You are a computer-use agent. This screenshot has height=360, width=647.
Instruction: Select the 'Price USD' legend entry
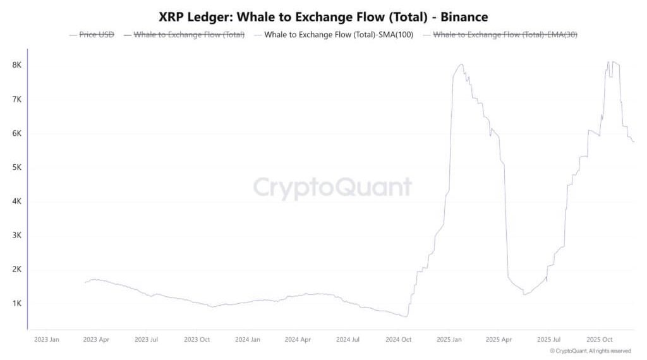[x=97, y=35]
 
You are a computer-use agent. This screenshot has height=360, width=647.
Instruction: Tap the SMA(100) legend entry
[x=339, y=35]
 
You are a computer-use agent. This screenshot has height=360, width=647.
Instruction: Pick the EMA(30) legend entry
[x=505, y=35]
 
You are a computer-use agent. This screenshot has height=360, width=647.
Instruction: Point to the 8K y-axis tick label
[x=18, y=65]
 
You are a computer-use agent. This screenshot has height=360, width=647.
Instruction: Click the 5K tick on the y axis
[x=18, y=167]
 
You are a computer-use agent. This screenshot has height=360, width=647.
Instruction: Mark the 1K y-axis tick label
[x=18, y=303]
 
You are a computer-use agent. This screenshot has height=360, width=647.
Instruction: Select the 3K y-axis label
[x=18, y=235]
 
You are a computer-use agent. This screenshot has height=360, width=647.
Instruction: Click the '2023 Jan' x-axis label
[x=46, y=339]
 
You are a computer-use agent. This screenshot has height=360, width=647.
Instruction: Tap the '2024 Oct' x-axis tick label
[x=398, y=339]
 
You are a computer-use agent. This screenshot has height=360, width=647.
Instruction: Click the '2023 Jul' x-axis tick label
[x=146, y=339]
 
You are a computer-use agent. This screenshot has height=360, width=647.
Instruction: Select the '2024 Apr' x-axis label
[x=298, y=339]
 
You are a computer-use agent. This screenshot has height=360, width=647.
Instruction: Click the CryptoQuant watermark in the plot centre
[x=332, y=188]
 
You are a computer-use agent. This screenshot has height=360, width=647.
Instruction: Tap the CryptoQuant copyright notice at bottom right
[x=590, y=351]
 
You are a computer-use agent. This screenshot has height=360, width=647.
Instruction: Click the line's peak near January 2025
[x=461, y=64]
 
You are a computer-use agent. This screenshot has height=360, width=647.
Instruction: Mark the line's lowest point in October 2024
[x=407, y=316]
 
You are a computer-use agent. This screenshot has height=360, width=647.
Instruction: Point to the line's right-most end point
[x=634, y=141]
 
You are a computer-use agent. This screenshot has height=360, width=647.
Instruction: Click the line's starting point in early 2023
[x=85, y=282]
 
